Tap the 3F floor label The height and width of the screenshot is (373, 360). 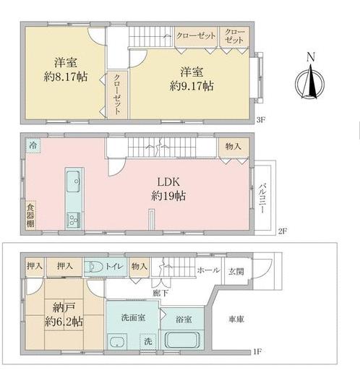[261, 120]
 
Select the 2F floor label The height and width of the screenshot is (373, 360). [283, 231]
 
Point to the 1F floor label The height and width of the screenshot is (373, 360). [257, 351]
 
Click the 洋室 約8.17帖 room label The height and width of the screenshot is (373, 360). [66, 69]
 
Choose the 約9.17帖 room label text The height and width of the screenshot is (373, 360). [192, 86]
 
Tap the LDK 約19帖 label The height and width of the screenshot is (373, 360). [168, 189]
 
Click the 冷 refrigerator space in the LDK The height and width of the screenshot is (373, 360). [33, 145]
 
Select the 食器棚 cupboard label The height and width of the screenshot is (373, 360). [30, 215]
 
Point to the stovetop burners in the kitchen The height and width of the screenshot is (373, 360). [73, 220]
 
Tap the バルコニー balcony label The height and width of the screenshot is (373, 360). [262, 198]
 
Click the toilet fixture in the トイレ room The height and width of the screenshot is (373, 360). [94, 267]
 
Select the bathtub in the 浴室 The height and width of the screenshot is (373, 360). [182, 340]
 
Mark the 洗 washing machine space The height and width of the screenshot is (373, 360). [147, 341]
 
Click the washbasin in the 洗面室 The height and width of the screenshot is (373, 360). [117, 341]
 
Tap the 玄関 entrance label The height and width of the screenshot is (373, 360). [236, 272]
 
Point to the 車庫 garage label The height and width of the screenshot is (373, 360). [236, 320]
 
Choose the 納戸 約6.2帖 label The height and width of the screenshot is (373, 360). [64, 314]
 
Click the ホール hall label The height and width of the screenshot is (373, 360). [208, 270]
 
